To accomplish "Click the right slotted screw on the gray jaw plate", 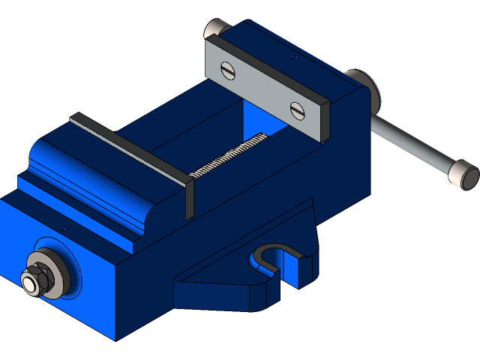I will coord(298,110).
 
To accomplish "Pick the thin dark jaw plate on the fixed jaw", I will coord(127,146).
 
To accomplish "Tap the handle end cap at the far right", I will coord(463,175).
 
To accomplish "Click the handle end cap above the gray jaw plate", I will coord(215,28).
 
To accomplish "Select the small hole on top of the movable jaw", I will coord(295,55).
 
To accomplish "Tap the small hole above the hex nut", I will coord(63,228).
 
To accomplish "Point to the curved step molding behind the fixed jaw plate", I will coord(90,191).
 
